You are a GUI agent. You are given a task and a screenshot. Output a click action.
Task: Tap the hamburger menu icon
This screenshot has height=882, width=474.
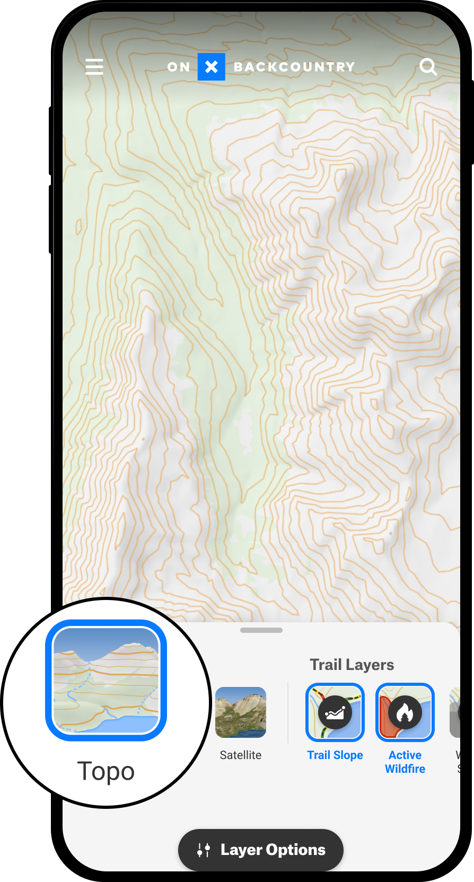point(94,67)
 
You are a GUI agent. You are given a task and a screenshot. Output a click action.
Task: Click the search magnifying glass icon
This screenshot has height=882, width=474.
point(428,67)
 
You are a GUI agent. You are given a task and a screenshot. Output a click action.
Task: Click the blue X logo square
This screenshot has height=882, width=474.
point(211,67)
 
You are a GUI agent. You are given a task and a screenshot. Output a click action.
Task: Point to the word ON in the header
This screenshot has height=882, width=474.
point(179,67)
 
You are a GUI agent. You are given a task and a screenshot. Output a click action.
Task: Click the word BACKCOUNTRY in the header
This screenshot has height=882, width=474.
point(294,67)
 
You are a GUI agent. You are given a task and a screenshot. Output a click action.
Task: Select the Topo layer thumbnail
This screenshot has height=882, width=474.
point(106,680)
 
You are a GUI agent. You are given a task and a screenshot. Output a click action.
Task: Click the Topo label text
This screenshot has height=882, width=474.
point(106,771)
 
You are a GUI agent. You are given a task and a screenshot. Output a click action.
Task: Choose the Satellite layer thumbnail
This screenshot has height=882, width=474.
point(241,712)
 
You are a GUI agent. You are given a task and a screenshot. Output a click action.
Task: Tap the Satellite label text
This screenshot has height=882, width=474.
point(241,755)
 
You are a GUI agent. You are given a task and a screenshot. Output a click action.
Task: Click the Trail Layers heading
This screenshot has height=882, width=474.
point(352,665)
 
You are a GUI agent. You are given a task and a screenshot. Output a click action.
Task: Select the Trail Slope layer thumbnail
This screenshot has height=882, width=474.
point(335,712)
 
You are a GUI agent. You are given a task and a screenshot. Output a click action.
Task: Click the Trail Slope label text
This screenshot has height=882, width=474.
point(335,755)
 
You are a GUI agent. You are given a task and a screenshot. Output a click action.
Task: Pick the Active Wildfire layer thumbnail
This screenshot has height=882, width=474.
point(405,712)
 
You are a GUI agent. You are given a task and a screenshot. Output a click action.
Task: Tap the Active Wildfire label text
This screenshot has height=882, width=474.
point(405,762)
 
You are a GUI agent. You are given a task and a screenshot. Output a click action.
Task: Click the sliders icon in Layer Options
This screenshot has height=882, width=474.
point(204,850)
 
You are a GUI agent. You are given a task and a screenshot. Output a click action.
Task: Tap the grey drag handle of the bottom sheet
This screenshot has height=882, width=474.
point(261,630)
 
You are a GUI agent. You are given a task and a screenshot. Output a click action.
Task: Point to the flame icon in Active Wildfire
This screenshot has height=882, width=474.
point(405,713)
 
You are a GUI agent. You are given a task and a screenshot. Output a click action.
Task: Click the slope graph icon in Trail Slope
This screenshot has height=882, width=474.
point(335,713)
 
